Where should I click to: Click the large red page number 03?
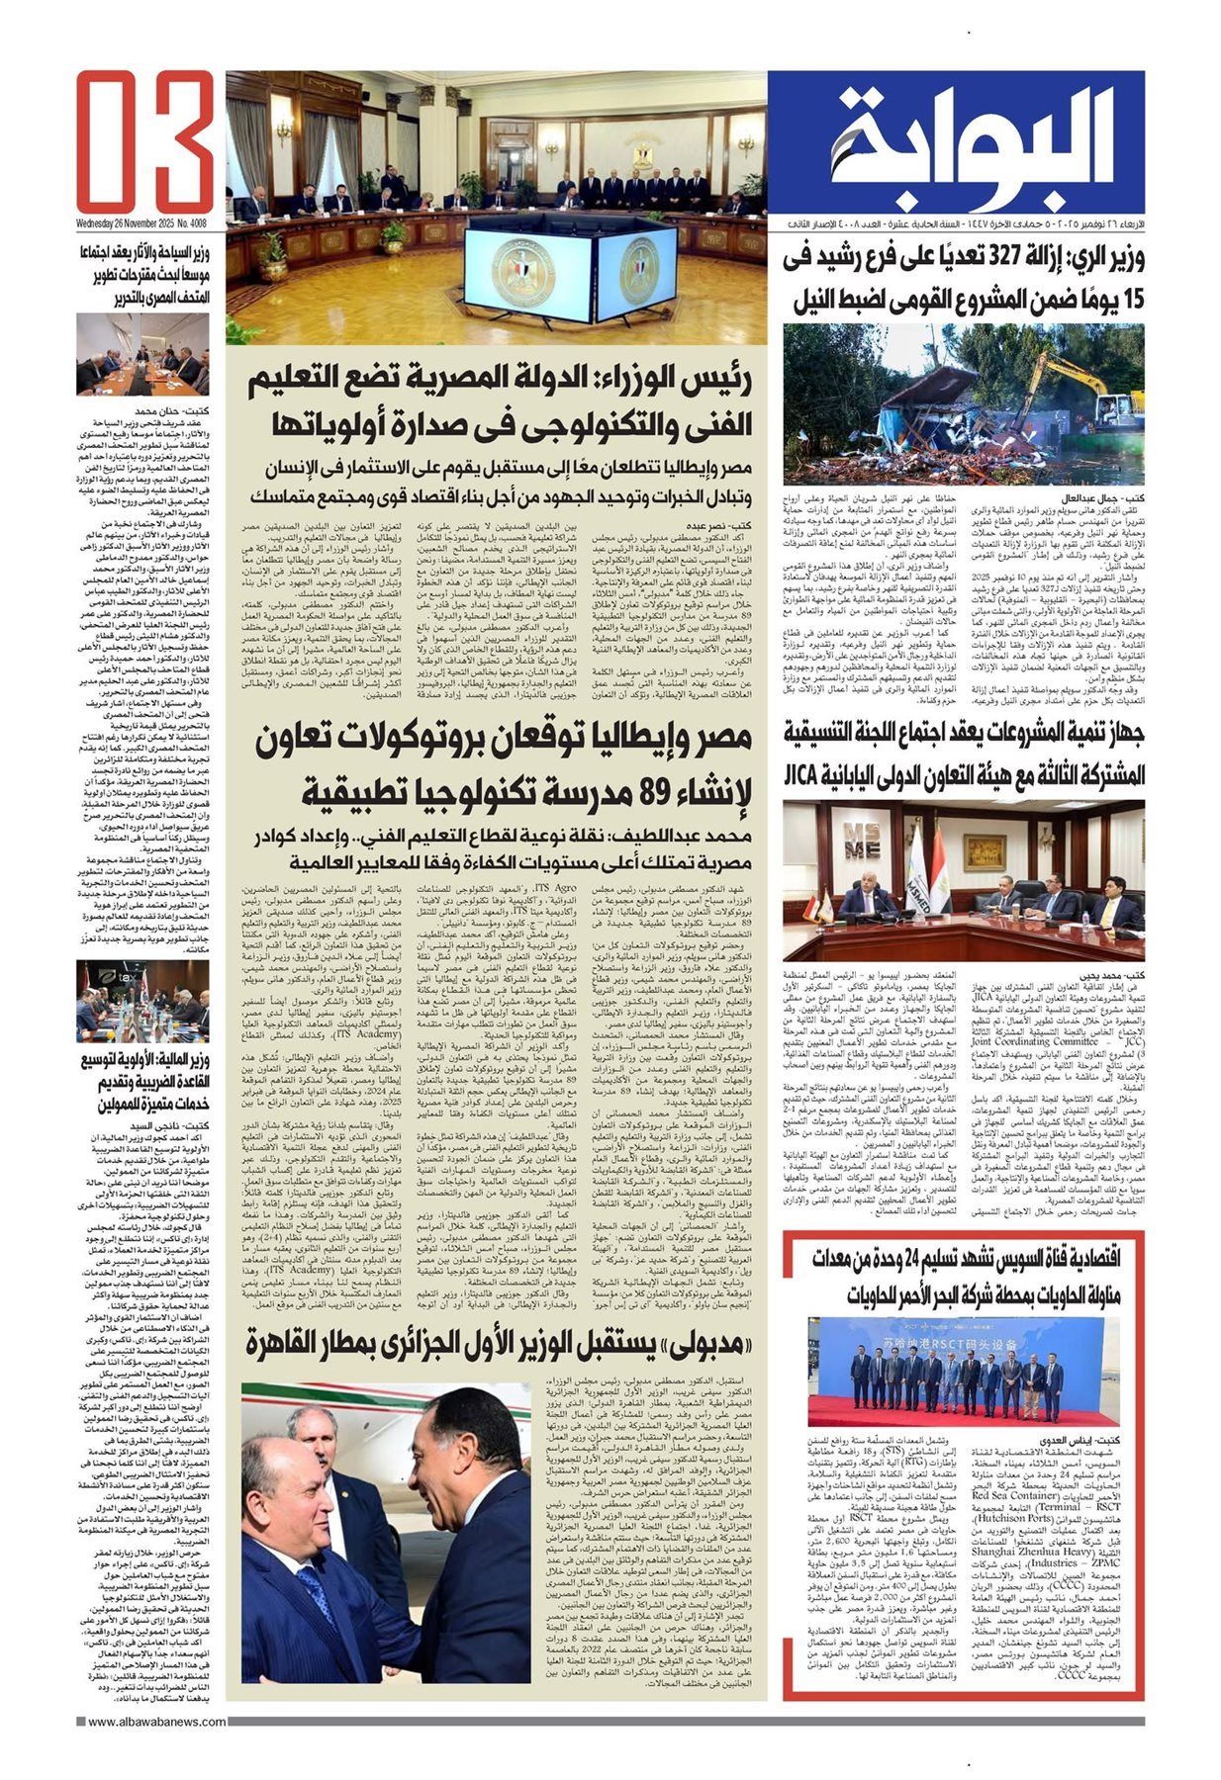(x=145, y=140)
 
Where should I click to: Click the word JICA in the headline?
(x=806, y=773)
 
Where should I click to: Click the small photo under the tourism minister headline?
(x=142, y=354)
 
